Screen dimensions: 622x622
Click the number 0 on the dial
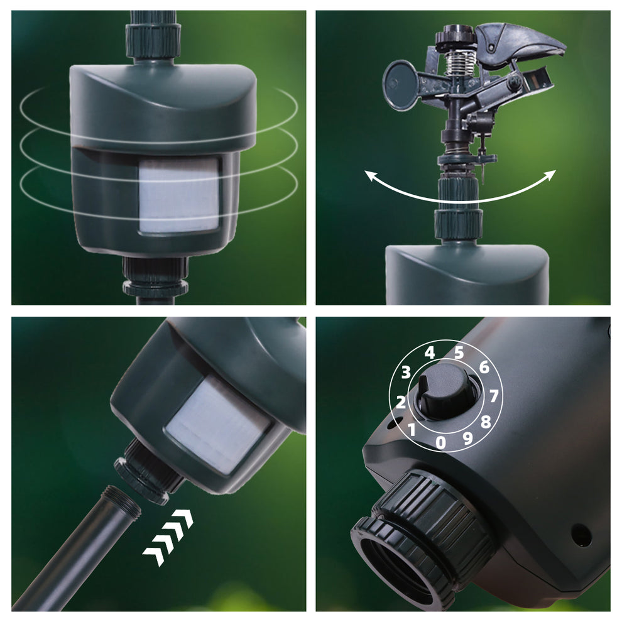[440, 442]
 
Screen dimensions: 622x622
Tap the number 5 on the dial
[459, 352]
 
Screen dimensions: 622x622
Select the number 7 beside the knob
[493, 396]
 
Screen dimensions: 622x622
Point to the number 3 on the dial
[406, 373]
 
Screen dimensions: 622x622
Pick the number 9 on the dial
[468, 439]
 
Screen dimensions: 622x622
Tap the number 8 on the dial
[486, 422]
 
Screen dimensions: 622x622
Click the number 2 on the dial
[401, 402]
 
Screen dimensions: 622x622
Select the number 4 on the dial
[430, 352]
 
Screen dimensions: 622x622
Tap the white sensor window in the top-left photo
[178, 195]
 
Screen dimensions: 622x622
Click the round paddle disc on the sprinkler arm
[400, 84]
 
